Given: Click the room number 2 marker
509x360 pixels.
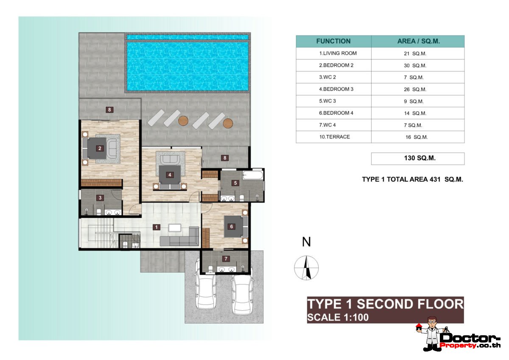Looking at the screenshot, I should (x=100, y=148).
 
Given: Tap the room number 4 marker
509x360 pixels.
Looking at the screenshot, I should (x=170, y=174).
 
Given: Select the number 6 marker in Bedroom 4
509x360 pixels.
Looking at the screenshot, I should (x=232, y=226).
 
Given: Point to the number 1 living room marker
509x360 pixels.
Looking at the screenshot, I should (x=157, y=227).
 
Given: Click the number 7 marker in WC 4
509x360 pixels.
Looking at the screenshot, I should (x=226, y=259).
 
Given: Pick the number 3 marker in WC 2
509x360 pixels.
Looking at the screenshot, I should (x=100, y=197).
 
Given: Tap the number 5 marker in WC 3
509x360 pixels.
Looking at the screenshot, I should (x=235, y=183).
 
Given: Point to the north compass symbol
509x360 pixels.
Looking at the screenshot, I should (x=306, y=268).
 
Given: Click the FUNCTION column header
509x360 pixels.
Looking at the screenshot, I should (x=333, y=41).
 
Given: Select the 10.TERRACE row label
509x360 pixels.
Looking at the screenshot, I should (x=335, y=137).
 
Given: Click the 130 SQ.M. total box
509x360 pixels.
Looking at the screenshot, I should (x=417, y=158).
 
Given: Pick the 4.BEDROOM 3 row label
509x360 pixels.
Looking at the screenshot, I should (x=336, y=89).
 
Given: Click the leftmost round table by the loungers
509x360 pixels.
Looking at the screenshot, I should (x=183, y=121).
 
